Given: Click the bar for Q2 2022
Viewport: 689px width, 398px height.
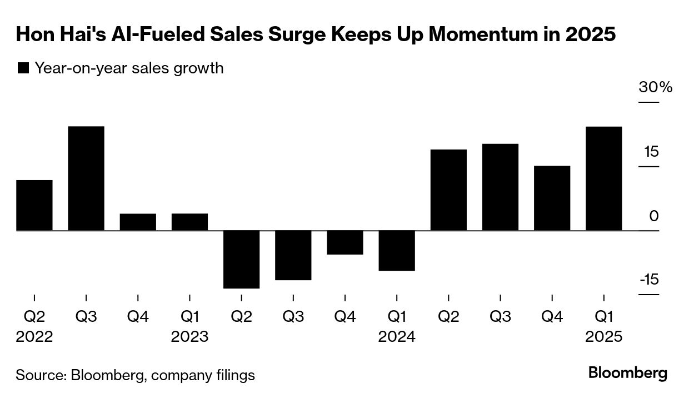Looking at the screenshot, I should coord(34,205).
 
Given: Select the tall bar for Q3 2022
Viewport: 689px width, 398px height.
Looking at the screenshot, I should coord(86,178).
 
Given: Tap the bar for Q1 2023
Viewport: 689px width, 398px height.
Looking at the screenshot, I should coord(189,222).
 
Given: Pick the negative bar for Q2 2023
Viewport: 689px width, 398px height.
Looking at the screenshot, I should coord(241,259).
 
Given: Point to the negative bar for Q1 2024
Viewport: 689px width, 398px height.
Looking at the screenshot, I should coord(396,251).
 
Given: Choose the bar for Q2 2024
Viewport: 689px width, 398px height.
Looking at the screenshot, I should coord(448,190).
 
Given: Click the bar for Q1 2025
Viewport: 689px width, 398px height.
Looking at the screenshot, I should coord(603,178).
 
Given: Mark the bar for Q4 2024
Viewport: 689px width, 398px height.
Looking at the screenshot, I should coord(552,198).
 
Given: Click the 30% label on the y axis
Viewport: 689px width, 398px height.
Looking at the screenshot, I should coord(655,88).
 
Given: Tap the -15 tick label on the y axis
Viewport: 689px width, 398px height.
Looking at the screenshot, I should coord(649,279).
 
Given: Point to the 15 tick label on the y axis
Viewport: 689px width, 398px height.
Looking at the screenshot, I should coord(651,152).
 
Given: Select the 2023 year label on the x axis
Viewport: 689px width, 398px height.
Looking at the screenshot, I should coord(189,337).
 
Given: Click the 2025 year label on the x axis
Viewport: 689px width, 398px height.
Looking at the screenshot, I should coord(603,337).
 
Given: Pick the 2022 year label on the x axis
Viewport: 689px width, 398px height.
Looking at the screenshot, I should coord(34,337).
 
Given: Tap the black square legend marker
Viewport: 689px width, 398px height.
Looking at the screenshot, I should coord(23,68).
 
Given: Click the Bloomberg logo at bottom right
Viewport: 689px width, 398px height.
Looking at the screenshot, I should coord(628,372).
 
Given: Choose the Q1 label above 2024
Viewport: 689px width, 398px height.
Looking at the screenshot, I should coord(396,317).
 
